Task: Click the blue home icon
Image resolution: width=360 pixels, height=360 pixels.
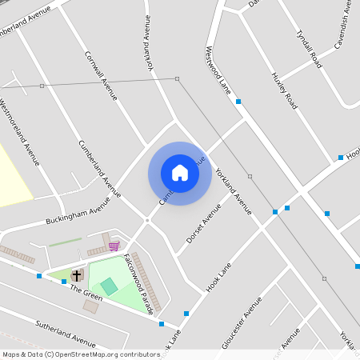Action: click(180, 172)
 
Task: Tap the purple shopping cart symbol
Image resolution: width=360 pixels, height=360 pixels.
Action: click(114, 246)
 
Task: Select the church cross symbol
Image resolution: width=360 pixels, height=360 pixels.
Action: click(77, 275)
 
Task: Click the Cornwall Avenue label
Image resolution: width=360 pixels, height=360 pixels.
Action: click(102, 76)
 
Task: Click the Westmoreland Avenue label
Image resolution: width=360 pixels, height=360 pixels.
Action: click(20, 132)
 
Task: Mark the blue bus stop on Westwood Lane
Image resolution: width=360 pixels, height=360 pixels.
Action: click(238, 101)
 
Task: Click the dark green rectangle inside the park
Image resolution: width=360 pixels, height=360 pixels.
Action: click(109, 286)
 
